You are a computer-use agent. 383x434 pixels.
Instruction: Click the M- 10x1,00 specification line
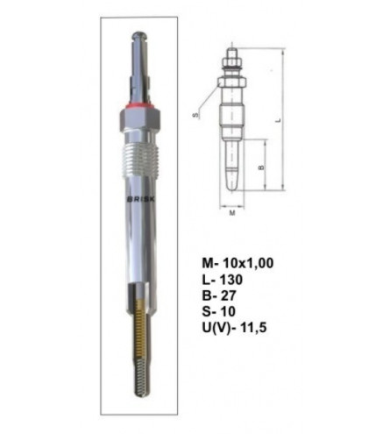click(x=238, y=263)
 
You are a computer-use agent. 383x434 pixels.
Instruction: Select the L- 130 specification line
click(x=222, y=280)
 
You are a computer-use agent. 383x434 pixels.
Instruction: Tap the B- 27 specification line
click(x=218, y=296)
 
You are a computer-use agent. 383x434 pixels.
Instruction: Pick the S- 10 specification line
click(x=218, y=312)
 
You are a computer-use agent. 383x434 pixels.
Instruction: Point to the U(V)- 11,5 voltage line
click(x=234, y=328)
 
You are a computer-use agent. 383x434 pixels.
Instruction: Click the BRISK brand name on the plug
click(x=142, y=199)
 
